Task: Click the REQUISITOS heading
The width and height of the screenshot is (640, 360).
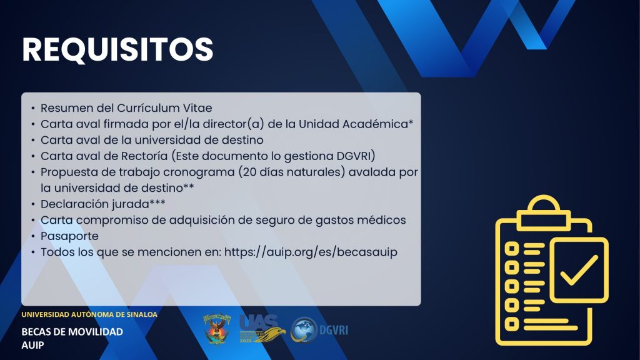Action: point(117,49)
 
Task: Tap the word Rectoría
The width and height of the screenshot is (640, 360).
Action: point(144,156)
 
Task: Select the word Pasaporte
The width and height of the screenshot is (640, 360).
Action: point(69,236)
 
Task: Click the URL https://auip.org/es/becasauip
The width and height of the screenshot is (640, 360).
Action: point(311,252)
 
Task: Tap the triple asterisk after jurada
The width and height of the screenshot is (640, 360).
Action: point(157,202)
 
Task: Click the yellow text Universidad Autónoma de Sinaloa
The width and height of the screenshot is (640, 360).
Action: point(89,314)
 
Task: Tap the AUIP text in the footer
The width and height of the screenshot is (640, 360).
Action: point(32,345)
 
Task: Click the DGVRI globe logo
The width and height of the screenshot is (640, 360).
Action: point(304,330)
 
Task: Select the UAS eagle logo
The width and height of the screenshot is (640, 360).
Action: point(262,329)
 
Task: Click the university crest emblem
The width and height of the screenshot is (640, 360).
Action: point(217,329)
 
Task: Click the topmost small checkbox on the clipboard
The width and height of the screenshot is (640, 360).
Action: point(512,248)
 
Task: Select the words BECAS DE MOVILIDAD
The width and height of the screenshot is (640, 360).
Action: point(72,332)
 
